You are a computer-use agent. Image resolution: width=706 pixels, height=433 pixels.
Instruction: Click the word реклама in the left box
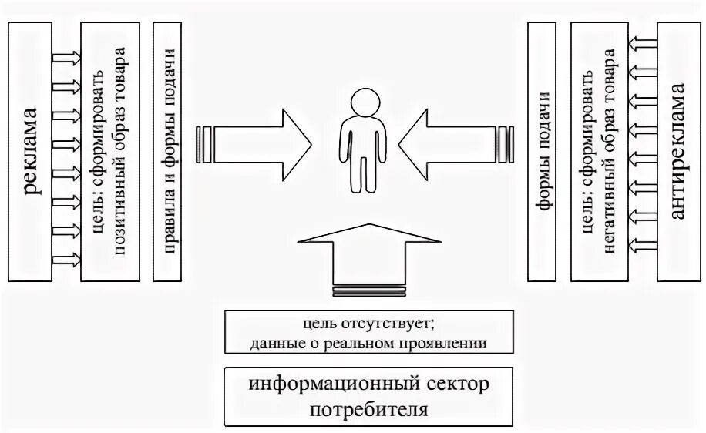[x=32, y=151]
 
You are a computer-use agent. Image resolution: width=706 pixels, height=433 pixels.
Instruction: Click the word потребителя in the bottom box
[x=368, y=408]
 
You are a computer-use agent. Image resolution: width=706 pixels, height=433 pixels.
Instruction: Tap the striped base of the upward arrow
[x=368, y=291]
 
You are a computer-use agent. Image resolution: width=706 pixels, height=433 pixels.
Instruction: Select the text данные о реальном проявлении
[x=368, y=343]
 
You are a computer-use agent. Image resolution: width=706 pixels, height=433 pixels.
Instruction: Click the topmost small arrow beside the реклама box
[x=66, y=56]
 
